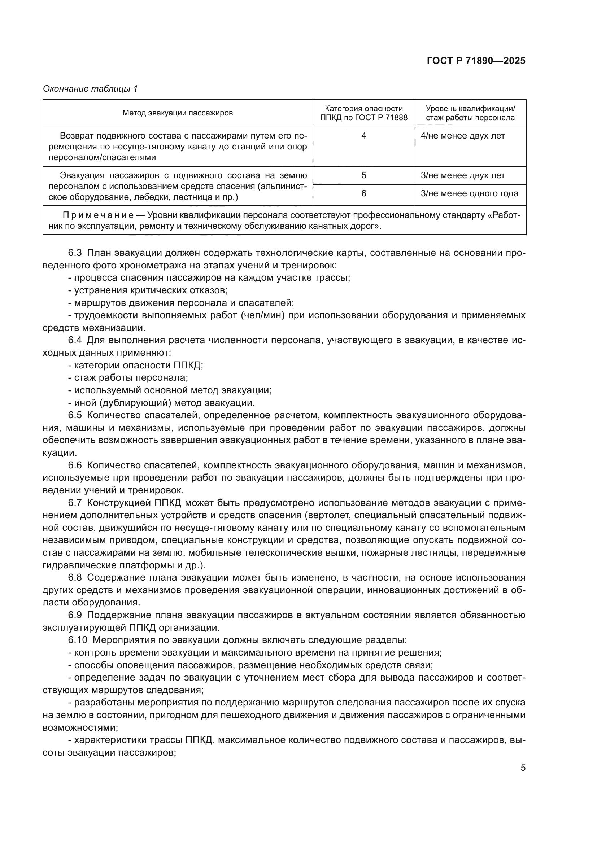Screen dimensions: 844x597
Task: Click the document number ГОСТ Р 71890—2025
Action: click(x=476, y=61)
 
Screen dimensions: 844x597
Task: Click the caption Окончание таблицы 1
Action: click(x=90, y=89)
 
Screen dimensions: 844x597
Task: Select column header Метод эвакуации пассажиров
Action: click(x=178, y=113)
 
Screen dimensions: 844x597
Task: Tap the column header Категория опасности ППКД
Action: click(x=363, y=113)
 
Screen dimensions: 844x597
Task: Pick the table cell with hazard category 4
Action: click(x=363, y=136)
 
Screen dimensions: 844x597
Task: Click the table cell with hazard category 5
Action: click(x=363, y=175)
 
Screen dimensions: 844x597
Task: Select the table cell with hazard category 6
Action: click(x=363, y=193)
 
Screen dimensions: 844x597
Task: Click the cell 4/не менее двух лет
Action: click(x=462, y=136)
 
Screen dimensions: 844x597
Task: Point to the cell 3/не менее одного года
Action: click(x=469, y=193)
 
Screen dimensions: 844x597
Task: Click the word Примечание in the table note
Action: click(x=98, y=215)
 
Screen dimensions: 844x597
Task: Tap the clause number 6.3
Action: click(x=75, y=253)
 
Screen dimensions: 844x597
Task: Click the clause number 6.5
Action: click(x=75, y=415)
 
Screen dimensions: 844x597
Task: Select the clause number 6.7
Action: click(x=75, y=503)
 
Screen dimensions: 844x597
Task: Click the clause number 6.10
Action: click(x=77, y=640)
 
